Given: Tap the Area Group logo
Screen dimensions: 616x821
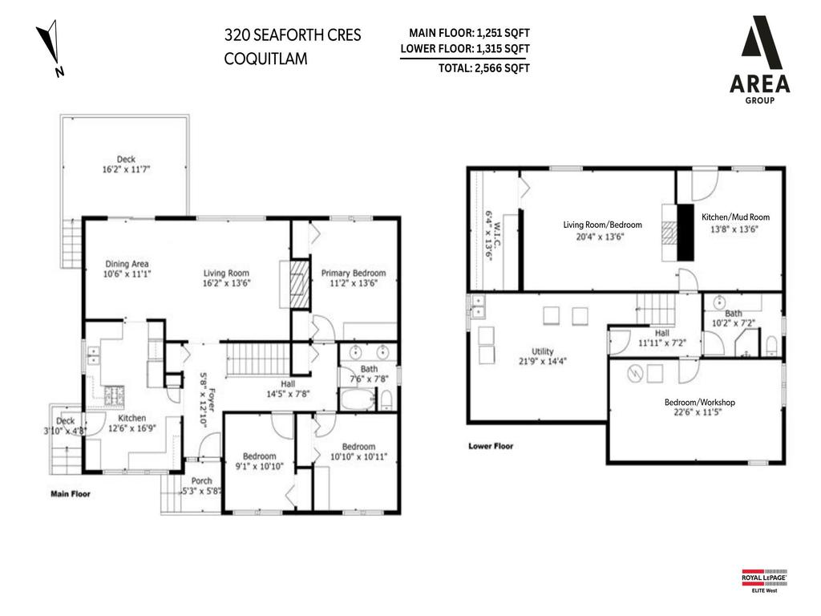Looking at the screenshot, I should (x=759, y=64).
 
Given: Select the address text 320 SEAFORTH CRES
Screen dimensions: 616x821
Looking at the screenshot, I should (x=293, y=35).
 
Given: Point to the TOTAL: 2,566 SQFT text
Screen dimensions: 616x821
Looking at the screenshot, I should (x=483, y=68).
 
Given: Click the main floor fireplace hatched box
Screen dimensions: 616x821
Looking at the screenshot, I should (x=298, y=284).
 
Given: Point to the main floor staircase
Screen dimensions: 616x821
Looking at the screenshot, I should (x=258, y=359).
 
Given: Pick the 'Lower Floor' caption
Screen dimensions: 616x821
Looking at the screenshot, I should (x=491, y=446).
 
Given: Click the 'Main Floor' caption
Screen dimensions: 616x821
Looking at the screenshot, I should (x=71, y=494).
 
